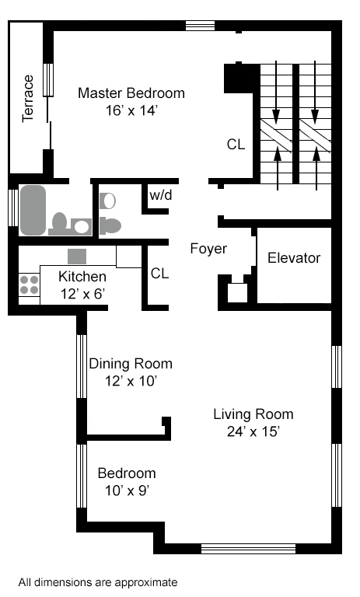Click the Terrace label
[x=28, y=99]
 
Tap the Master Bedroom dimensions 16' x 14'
[x=131, y=110]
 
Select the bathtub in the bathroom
[x=33, y=210]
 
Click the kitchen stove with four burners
[x=30, y=285]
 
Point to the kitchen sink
[x=77, y=257]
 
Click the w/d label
[x=161, y=195]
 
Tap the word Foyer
[x=208, y=249]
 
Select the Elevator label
[x=294, y=258]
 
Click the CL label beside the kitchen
[x=159, y=273]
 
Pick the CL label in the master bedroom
[x=236, y=145]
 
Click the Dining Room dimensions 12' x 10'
[x=131, y=381]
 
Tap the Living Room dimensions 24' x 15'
[x=253, y=431]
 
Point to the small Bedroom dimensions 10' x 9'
[x=127, y=491]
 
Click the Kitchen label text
[x=82, y=277]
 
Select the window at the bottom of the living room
[x=248, y=549]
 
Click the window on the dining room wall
[x=82, y=366]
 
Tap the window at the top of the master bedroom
[x=200, y=26]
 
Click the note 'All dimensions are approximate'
[x=98, y=582]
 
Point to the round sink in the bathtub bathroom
[x=81, y=226]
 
